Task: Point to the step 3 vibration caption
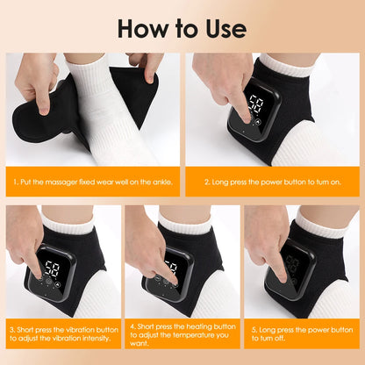[x=61, y=335]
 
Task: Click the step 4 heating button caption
[x=182, y=335]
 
